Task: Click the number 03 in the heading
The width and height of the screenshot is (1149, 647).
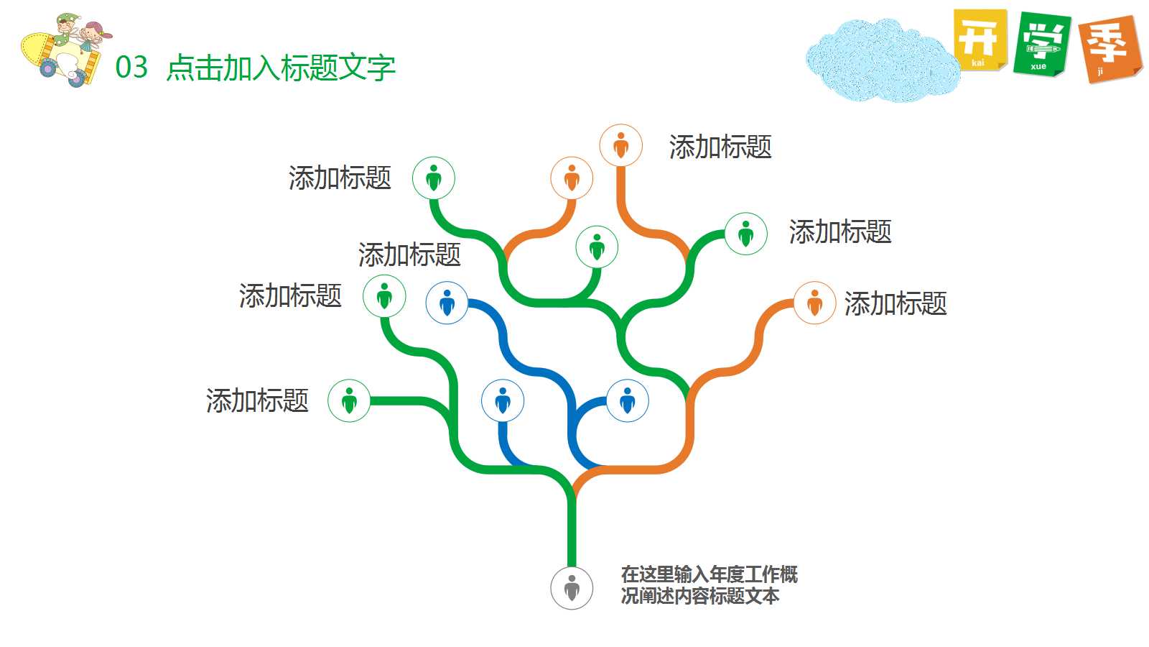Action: [131, 68]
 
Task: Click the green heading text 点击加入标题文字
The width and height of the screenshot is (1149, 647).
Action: [281, 68]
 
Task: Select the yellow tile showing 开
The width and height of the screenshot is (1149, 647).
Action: [980, 40]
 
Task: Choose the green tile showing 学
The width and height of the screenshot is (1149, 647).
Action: [1042, 44]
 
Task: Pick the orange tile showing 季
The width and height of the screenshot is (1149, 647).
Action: [1110, 48]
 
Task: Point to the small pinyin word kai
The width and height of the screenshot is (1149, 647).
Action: [978, 63]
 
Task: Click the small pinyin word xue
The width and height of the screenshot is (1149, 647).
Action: [1038, 67]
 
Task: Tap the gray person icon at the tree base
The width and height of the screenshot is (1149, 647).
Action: [572, 588]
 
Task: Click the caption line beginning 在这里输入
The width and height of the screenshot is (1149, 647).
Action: [709, 574]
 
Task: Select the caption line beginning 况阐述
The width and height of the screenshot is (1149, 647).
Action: [700, 596]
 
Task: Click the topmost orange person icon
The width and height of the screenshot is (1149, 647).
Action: [621, 145]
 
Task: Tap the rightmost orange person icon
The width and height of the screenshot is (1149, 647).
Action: [814, 303]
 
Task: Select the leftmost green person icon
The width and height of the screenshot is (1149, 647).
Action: [349, 400]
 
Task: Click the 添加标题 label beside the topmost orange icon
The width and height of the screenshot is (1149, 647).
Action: [720, 147]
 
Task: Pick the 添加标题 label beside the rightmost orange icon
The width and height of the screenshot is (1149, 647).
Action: [896, 304]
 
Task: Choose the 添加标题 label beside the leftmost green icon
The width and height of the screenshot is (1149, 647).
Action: [257, 400]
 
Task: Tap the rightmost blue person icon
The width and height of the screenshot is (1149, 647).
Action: [628, 400]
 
